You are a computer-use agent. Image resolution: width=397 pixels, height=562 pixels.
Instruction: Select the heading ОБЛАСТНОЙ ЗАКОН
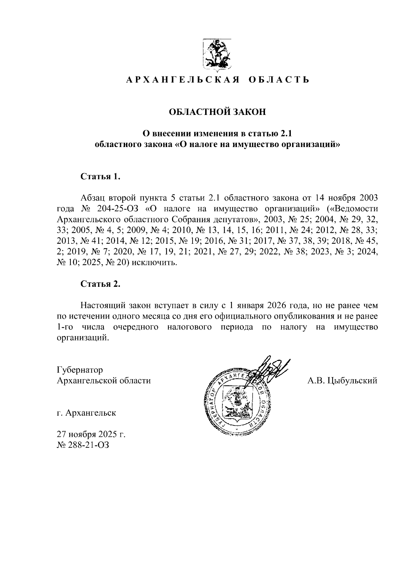[x=217, y=112]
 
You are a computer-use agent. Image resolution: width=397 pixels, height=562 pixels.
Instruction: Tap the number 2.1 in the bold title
[x=287, y=133]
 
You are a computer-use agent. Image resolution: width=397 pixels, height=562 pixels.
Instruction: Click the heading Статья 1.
[x=100, y=177]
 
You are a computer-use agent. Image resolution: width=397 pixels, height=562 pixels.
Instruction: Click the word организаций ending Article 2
[x=83, y=338]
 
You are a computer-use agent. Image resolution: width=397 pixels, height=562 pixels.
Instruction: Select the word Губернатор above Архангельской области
[x=80, y=370]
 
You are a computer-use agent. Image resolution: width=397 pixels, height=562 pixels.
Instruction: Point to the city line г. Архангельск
[x=86, y=413]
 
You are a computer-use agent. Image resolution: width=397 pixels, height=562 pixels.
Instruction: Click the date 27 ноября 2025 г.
[x=91, y=434]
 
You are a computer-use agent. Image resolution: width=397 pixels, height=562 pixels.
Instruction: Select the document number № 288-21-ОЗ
[x=83, y=445]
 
